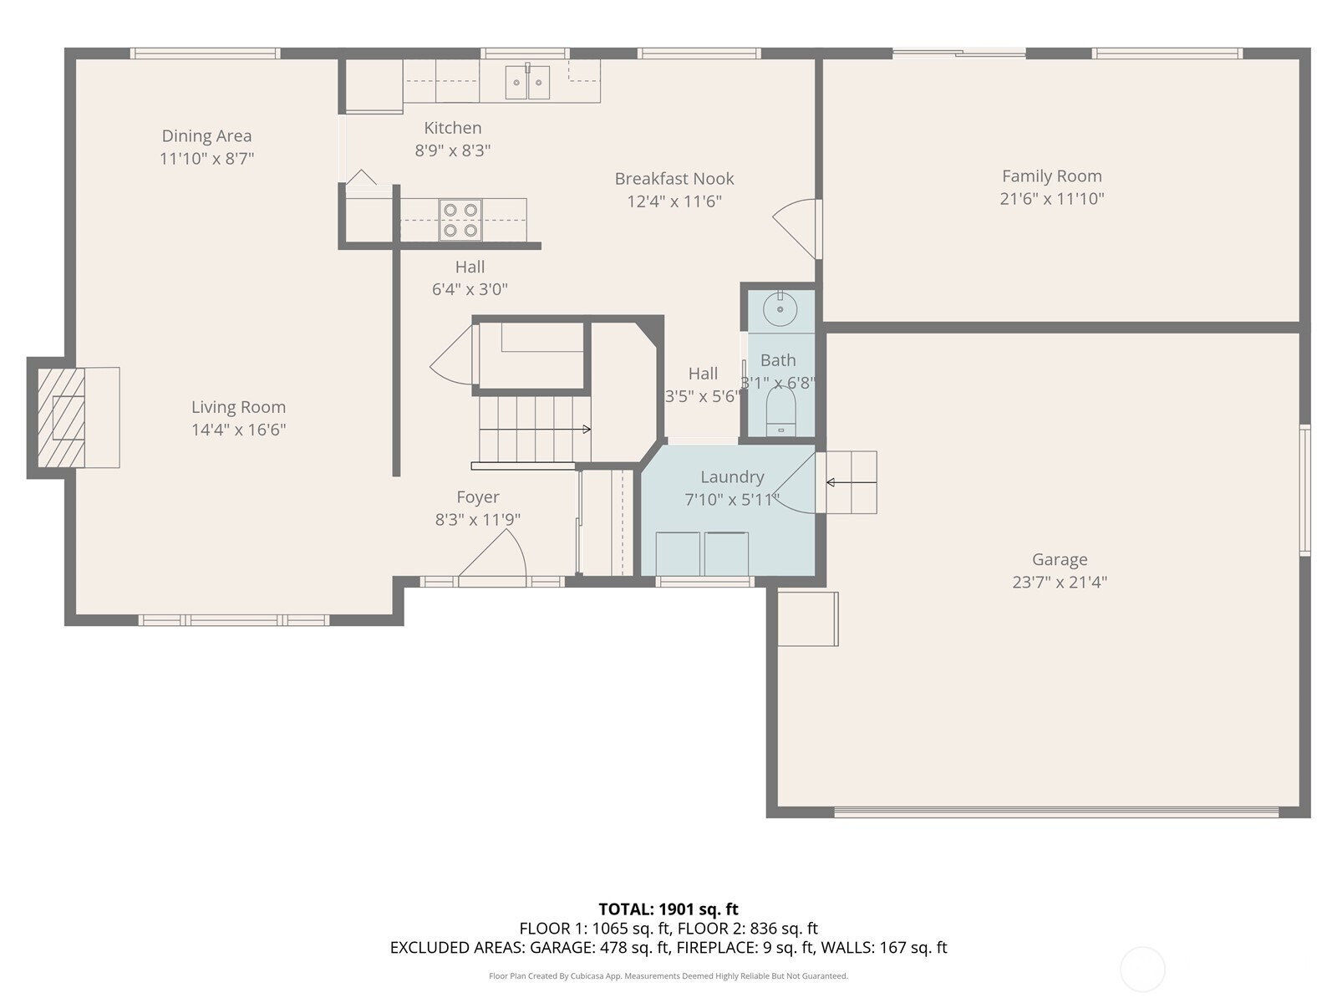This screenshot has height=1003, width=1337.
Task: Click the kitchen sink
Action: coord(527,82)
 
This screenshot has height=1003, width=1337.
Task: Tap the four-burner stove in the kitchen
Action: coord(460,220)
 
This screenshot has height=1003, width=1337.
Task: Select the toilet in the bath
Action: coord(780,412)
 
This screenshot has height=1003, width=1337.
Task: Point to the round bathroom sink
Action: coord(780,308)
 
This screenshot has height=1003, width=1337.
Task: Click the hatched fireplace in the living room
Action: coord(61,418)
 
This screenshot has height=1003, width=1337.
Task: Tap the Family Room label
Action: coord(1052,176)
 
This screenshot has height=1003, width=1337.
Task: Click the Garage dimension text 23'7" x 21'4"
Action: coord(1060,583)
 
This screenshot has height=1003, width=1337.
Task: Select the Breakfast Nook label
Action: coord(674,178)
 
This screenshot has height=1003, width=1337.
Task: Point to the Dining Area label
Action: coord(206,135)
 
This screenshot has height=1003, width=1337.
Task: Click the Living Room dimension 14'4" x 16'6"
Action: coord(239,430)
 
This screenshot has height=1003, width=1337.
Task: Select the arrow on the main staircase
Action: coord(535,430)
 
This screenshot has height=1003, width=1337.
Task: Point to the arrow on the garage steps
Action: coord(851,483)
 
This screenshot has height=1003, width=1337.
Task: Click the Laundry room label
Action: coord(731,476)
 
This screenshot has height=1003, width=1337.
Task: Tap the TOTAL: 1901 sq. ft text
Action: coord(668,909)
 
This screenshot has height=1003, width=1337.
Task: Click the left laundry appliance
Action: coord(678,553)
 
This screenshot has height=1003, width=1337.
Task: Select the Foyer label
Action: coord(477,497)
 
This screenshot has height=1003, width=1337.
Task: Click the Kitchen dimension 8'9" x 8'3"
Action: coord(453,150)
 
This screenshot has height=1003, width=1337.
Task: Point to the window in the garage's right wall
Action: coord(1304,491)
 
